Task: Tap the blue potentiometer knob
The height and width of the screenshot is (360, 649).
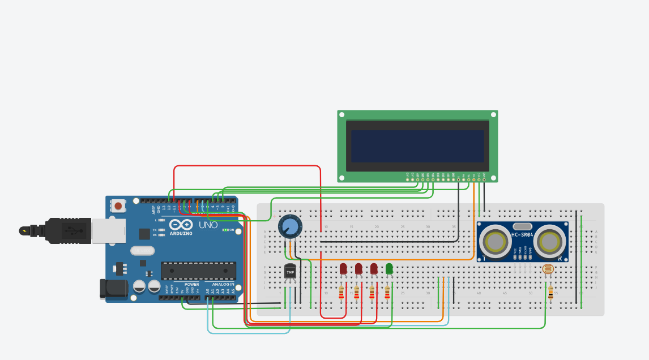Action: click(x=289, y=227)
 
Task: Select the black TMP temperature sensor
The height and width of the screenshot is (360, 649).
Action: click(x=290, y=272)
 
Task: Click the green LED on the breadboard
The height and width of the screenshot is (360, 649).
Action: click(x=389, y=269)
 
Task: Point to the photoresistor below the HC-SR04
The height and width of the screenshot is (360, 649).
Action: click(x=548, y=271)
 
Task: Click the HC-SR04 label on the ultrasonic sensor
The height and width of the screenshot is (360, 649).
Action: click(x=523, y=235)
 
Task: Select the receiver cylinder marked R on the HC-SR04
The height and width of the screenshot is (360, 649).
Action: click(x=550, y=242)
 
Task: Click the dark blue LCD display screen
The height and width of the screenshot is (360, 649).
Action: click(x=417, y=147)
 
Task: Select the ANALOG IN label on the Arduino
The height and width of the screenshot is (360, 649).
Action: click(x=223, y=285)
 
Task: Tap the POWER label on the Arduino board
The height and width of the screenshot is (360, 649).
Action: click(x=191, y=285)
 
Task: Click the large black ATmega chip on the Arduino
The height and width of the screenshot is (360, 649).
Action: click(x=198, y=271)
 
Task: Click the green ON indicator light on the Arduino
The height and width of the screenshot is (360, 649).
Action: click(x=225, y=230)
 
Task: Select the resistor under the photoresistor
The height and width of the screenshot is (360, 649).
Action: click(x=550, y=292)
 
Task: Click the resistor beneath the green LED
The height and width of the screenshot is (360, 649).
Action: click(x=387, y=292)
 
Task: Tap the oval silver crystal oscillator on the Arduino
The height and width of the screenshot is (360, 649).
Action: click(x=142, y=250)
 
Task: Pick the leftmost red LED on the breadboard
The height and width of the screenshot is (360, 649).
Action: click(x=343, y=269)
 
